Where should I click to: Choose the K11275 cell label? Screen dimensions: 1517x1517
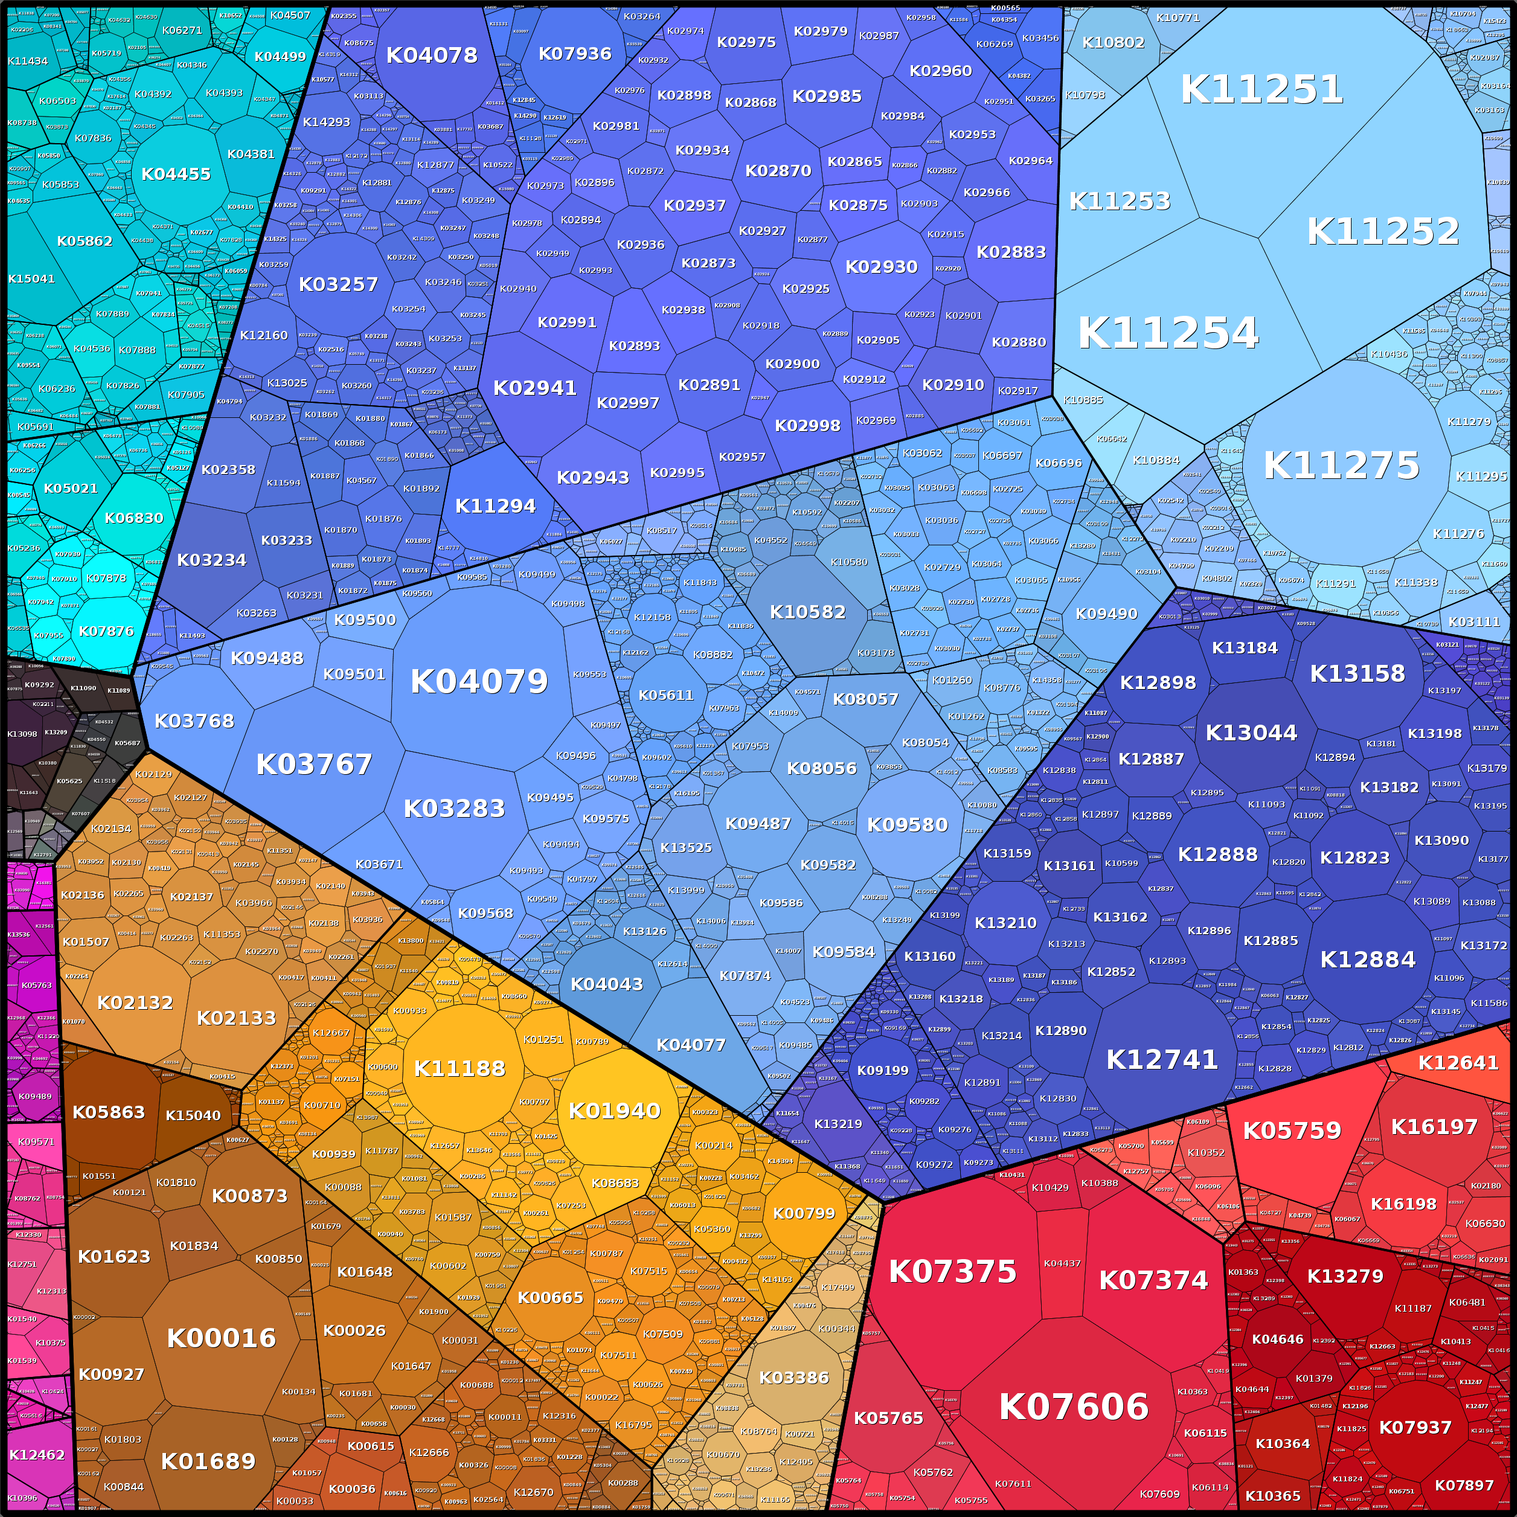pyautogui.click(x=1341, y=466)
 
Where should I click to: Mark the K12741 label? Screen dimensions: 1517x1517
pyautogui.click(x=1162, y=1060)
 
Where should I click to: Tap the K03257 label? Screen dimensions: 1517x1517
pyautogui.click(x=338, y=284)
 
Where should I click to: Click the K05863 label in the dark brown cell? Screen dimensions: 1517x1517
pyautogui.click(x=108, y=1112)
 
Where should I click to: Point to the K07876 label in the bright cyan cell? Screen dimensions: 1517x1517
pyautogui.click(x=107, y=631)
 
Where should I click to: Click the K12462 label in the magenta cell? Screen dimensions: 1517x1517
pyautogui.click(x=37, y=1455)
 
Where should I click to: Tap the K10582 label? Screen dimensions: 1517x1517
pyautogui.click(x=807, y=612)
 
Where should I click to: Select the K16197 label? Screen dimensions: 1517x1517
pyautogui.click(x=1434, y=1127)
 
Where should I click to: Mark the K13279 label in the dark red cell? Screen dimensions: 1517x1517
pyautogui.click(x=1345, y=1277)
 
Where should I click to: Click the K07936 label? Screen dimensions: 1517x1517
pyautogui.click(x=575, y=53)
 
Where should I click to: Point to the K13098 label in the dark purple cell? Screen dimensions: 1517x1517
pyautogui.click(x=22, y=734)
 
